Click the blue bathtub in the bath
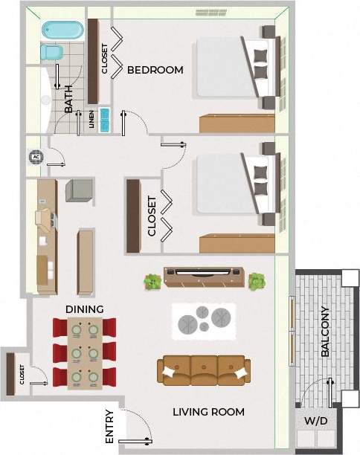(x=62, y=30)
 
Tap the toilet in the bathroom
(x=51, y=53)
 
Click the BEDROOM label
(x=155, y=71)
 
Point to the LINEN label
(x=92, y=120)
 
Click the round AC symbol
(x=36, y=157)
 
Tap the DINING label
(x=85, y=309)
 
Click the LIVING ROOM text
(x=208, y=412)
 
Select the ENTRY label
(x=109, y=427)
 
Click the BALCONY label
(x=325, y=332)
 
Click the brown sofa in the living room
(x=202, y=370)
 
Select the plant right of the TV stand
(x=257, y=281)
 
